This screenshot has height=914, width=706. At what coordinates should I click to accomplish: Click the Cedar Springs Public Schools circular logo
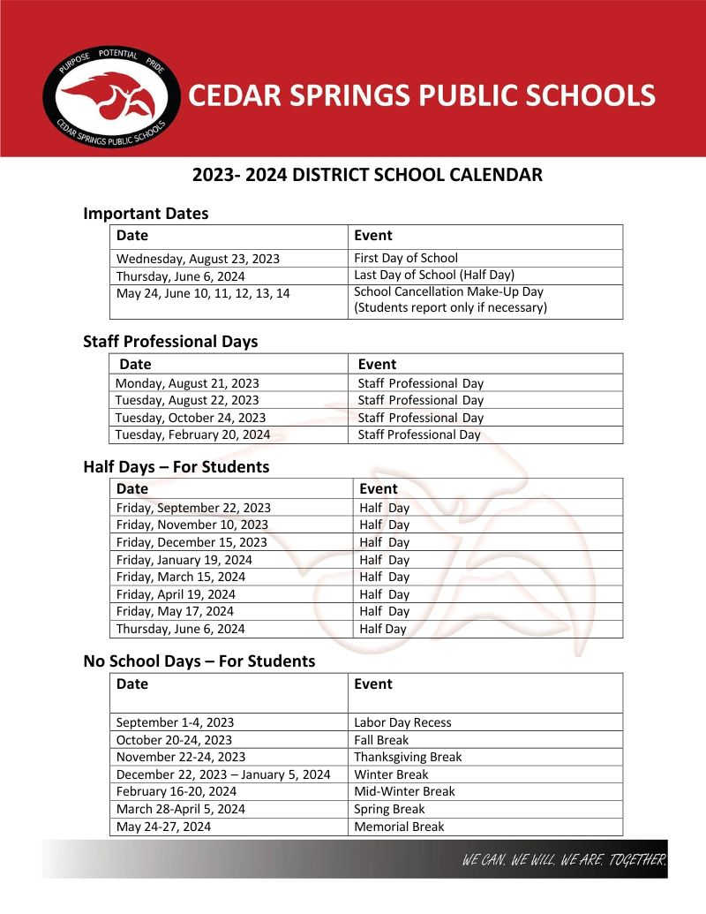[x=112, y=98]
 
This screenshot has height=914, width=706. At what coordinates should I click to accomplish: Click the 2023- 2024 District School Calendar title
[x=367, y=175]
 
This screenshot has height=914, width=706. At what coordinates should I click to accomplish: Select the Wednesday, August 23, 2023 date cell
[x=198, y=259]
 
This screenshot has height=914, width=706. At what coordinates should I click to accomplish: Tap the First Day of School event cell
[x=406, y=258]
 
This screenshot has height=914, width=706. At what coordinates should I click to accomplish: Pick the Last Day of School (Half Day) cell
[x=433, y=275]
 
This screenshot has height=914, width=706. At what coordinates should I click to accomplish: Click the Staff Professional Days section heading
[x=170, y=341]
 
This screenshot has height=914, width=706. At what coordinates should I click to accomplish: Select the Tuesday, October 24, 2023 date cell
[x=191, y=418]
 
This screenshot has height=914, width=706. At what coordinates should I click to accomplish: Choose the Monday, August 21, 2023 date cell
[x=187, y=383]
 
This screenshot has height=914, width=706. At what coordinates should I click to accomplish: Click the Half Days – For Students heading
[x=176, y=466]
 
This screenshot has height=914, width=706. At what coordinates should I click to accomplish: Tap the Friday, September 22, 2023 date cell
[x=193, y=508]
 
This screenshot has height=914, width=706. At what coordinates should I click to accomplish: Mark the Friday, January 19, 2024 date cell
[x=184, y=560]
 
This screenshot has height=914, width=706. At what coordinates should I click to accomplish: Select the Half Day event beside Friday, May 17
[x=384, y=611]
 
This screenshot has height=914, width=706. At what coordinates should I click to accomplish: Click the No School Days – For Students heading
[x=199, y=661]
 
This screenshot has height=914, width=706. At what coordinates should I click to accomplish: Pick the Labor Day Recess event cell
[x=402, y=722]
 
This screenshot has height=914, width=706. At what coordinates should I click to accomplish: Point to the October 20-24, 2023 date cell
[x=174, y=740]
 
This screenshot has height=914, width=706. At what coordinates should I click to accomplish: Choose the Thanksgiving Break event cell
[x=408, y=757]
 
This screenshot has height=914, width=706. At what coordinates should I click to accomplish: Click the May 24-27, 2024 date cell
[x=163, y=827]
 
